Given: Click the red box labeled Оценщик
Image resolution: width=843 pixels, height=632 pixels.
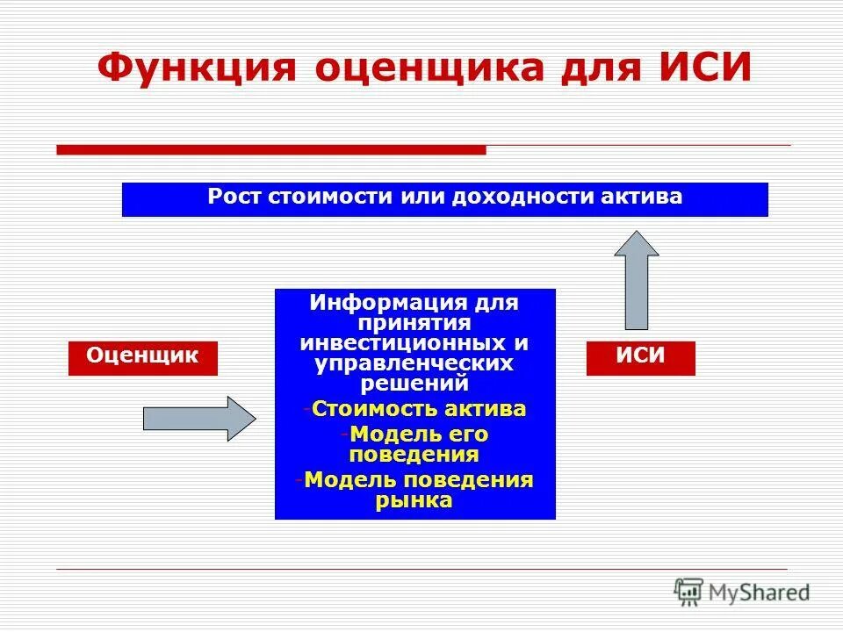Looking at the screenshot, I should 142,358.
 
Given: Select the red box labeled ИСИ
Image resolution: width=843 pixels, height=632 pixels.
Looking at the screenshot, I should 640,358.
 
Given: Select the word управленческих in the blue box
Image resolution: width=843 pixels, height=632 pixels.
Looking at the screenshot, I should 414,362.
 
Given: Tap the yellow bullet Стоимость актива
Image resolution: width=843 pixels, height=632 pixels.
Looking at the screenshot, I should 418,408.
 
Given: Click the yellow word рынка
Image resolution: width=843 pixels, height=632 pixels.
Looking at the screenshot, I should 414,500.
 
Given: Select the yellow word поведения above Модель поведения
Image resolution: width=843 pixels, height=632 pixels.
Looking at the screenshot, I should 414,454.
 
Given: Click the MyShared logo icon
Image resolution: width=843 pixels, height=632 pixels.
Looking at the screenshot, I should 690,591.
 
